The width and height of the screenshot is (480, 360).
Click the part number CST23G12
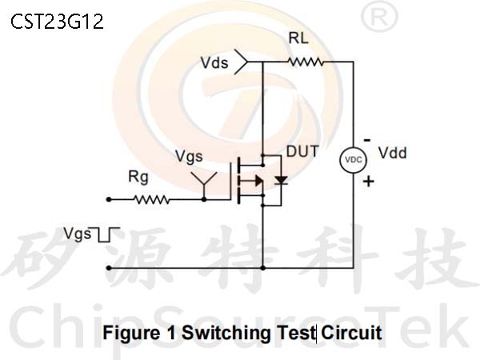coord(58,21)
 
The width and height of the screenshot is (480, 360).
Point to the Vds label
coord(215,62)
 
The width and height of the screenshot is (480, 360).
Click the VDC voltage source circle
coord(353,160)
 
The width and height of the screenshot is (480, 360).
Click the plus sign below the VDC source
coord(369,182)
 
